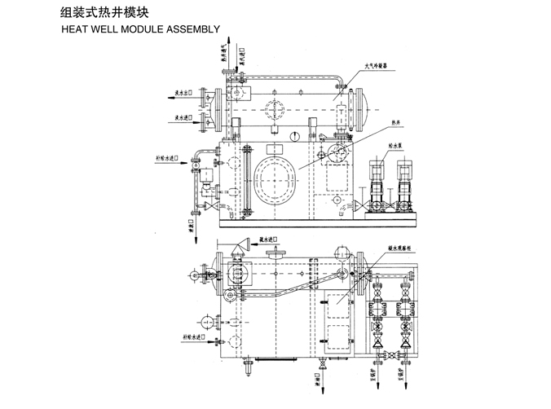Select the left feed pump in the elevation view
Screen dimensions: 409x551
point(377,187)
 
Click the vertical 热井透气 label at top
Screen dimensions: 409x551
point(224,54)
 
